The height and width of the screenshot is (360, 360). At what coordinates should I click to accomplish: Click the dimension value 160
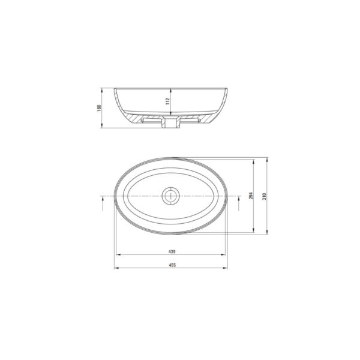[x=99, y=108]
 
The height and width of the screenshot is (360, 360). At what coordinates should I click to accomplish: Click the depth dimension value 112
[x=167, y=101]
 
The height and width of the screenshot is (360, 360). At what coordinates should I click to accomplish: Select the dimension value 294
[x=251, y=196]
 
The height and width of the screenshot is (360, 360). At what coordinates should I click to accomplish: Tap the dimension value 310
[x=264, y=196]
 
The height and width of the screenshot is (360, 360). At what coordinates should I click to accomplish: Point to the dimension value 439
[x=172, y=251]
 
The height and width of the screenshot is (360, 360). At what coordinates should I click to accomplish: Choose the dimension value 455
[x=172, y=265]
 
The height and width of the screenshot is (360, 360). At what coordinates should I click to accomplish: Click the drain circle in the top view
[x=170, y=196]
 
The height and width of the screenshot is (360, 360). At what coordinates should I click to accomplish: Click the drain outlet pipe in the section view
[x=170, y=122]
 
